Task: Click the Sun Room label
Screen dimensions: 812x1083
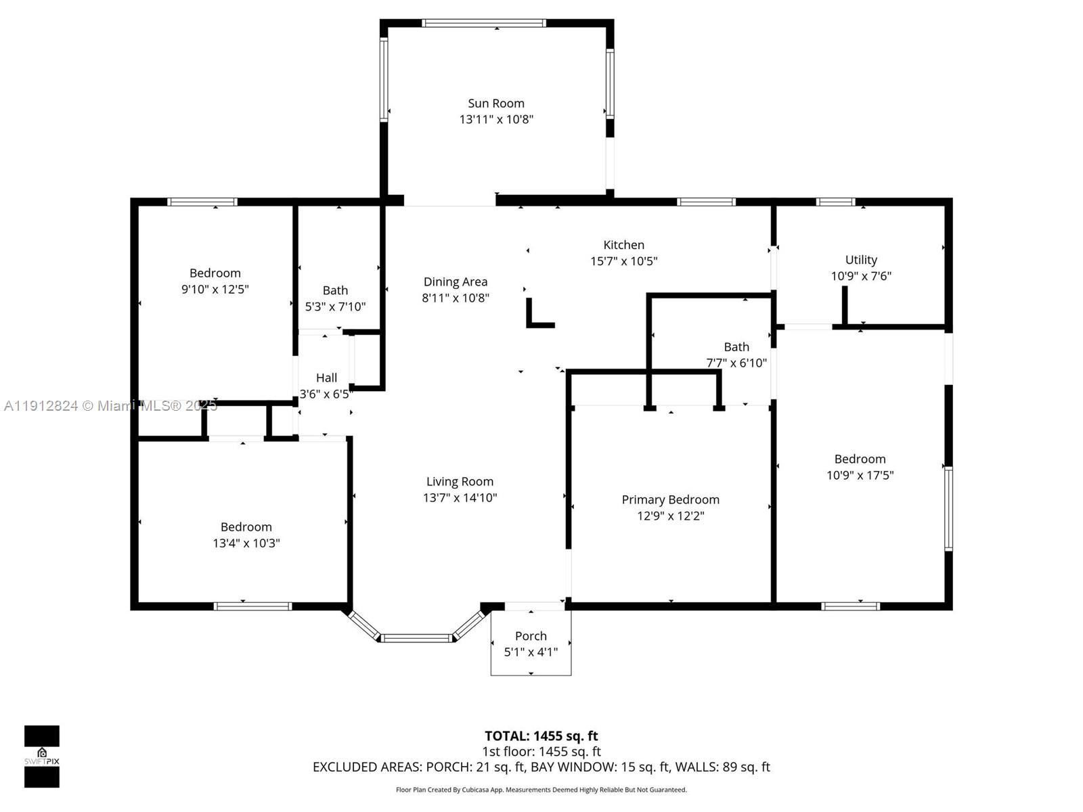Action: pos(496,104)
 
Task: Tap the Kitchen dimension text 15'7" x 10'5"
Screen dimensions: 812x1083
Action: pos(623,261)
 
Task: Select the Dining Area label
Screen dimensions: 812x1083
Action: pos(455,282)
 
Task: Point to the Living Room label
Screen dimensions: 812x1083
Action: pos(460,482)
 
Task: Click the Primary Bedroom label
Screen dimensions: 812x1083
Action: pos(670,500)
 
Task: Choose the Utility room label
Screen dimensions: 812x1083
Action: pos(861,260)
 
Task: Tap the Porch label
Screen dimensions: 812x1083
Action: pos(531,636)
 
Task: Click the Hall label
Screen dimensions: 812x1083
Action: pos(326,378)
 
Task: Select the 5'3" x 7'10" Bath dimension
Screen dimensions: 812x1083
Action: pos(335,307)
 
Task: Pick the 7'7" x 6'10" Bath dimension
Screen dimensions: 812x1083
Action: pos(736,363)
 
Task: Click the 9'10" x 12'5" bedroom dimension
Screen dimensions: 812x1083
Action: pos(215,290)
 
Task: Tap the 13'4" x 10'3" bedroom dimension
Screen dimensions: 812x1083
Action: pos(246,543)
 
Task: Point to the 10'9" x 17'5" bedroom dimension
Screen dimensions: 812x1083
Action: pos(860,476)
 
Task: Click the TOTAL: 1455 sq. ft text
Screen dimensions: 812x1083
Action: pos(541,736)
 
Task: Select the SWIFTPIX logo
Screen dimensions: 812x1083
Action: pos(42,757)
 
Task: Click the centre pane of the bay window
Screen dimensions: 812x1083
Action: pos(416,637)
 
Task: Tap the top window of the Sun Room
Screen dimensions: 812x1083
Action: pos(483,23)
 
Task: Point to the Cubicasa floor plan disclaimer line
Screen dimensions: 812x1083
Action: pos(541,790)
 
